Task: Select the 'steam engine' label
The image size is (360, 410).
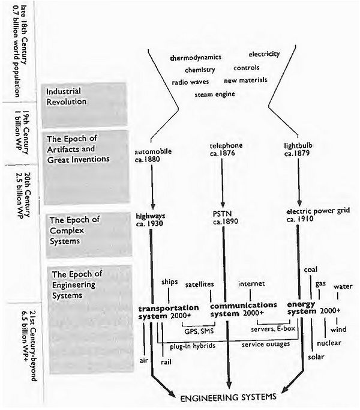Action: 214,94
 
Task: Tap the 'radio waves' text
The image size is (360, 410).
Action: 190,82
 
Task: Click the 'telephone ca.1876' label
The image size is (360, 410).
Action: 224,149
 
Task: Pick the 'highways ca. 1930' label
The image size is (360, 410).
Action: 153,219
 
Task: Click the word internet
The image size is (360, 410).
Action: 251,283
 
